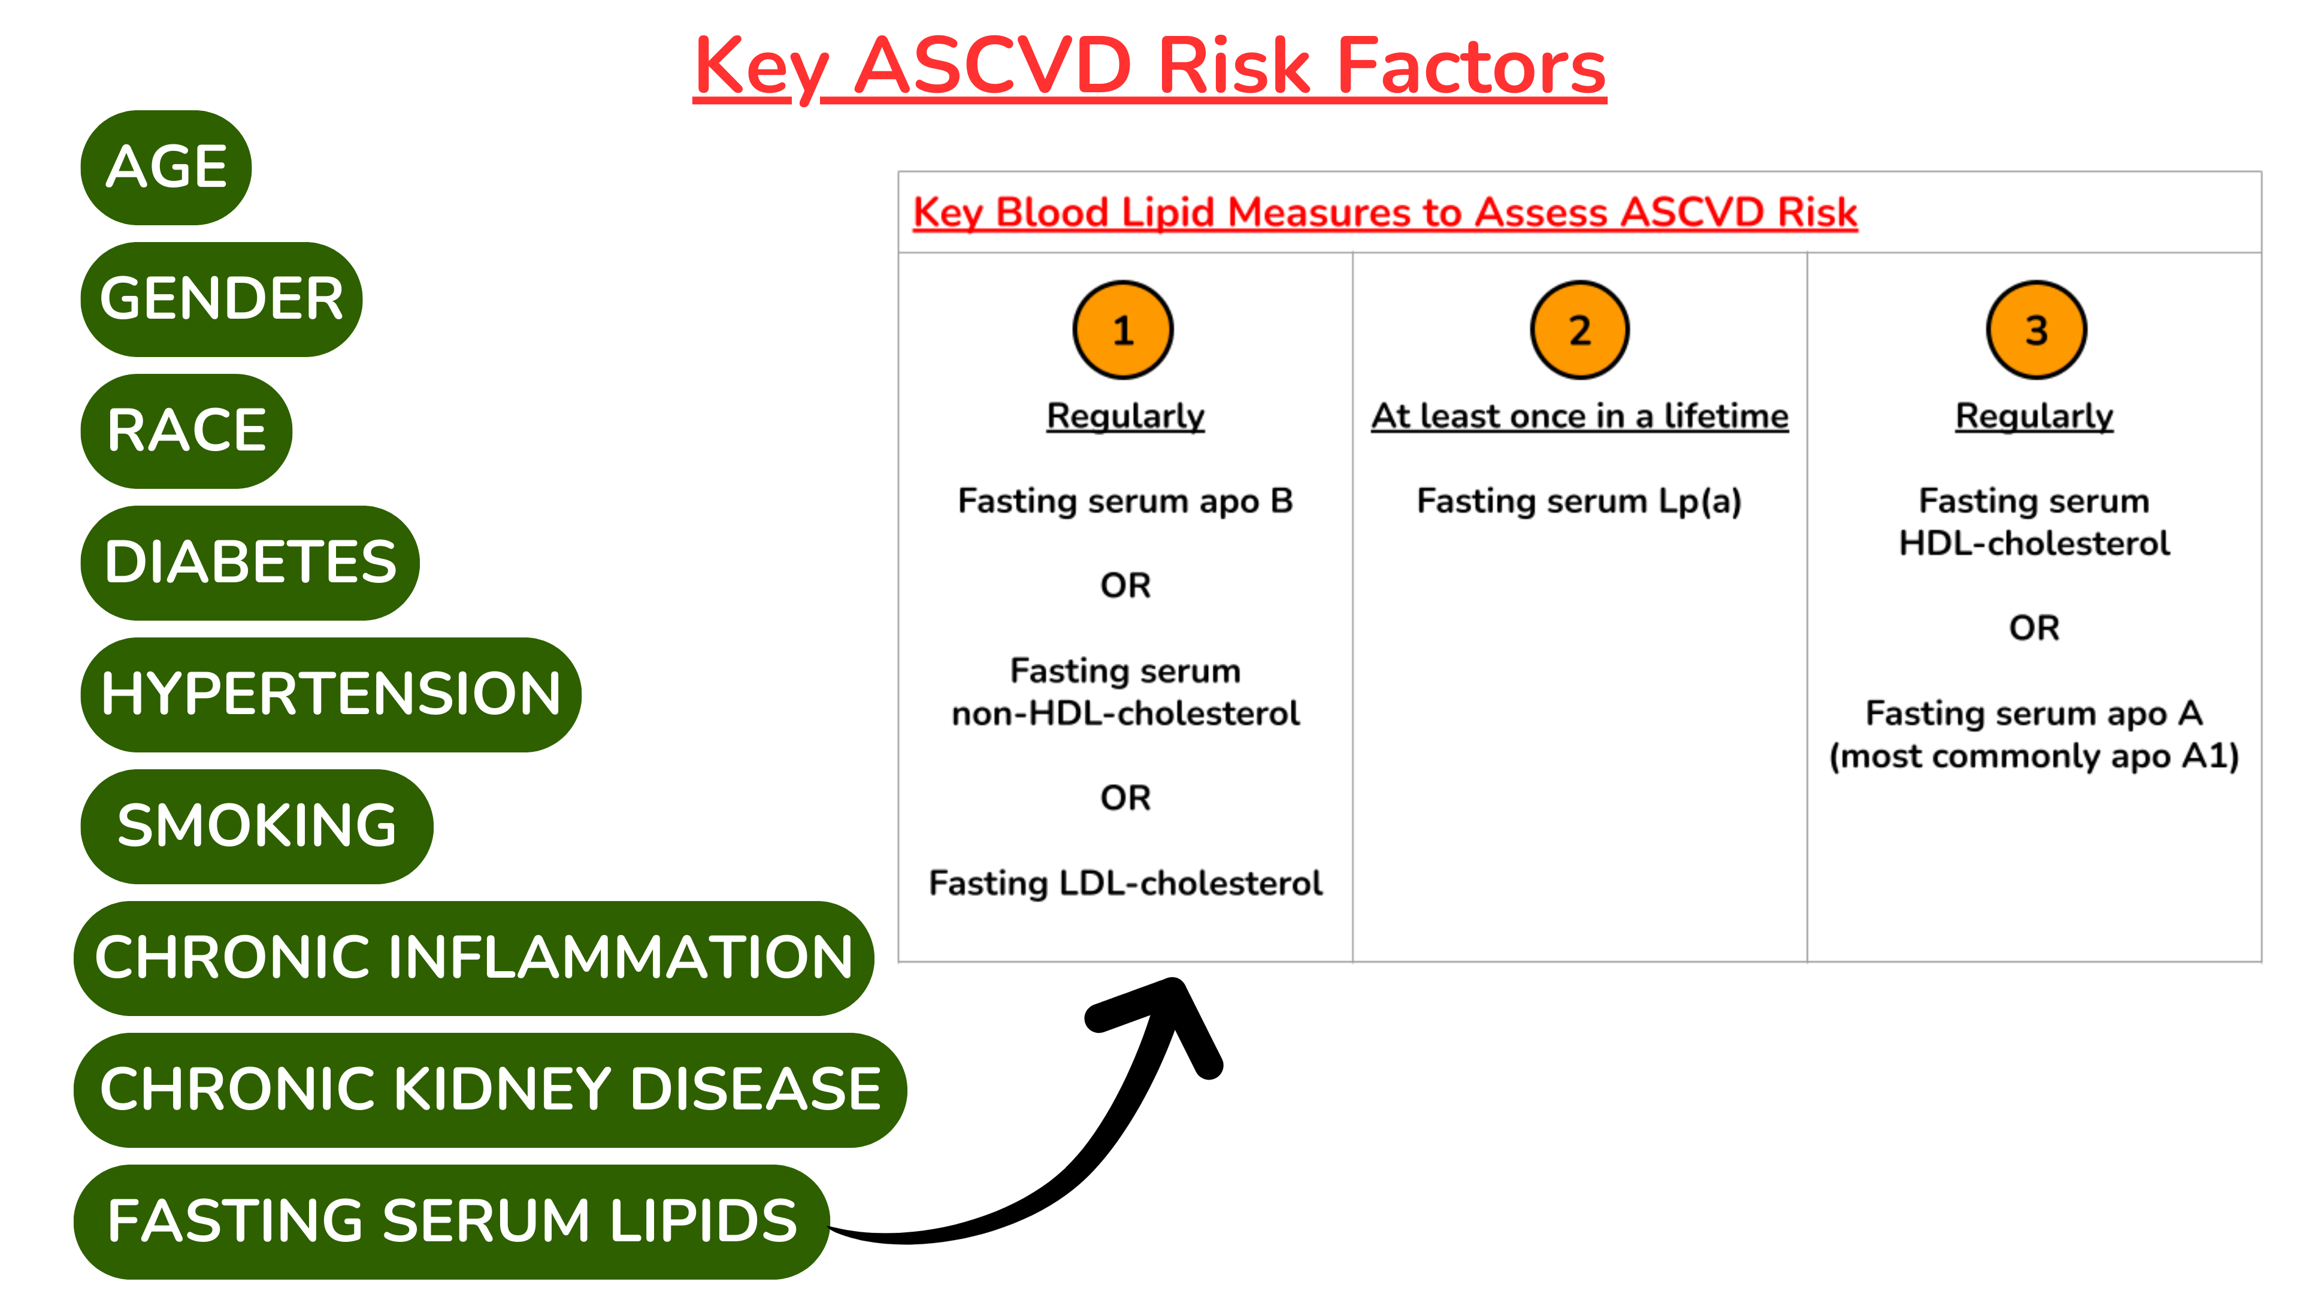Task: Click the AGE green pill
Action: click(x=166, y=167)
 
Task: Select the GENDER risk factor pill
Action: click(x=222, y=299)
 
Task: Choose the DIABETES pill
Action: click(x=250, y=563)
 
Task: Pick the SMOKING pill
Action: click(x=256, y=826)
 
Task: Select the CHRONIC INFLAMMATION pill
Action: click(x=473, y=957)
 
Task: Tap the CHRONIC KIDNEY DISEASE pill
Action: click(x=489, y=1090)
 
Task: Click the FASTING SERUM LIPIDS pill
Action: click(x=452, y=1221)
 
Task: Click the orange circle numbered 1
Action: click(x=1123, y=331)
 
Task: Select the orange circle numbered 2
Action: click(x=1579, y=331)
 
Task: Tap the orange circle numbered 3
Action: click(x=2036, y=331)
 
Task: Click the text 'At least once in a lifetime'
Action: click(x=1579, y=417)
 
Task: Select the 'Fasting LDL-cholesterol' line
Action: click(x=1125, y=883)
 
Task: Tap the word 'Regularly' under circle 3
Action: click(x=2034, y=417)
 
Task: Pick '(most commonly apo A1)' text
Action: click(x=2034, y=757)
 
